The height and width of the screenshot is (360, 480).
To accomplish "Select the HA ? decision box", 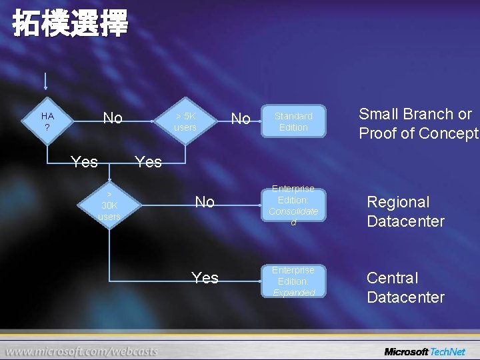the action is click(x=47, y=121).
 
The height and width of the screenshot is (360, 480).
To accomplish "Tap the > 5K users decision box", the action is click(x=185, y=121).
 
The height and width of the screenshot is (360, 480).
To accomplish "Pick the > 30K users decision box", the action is click(x=109, y=205).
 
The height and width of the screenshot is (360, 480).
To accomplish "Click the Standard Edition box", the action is click(x=293, y=121).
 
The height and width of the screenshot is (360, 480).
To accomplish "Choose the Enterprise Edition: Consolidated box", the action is click(x=293, y=205).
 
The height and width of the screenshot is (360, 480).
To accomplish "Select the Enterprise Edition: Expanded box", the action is click(x=293, y=281).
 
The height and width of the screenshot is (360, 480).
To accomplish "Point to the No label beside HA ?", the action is click(x=113, y=119).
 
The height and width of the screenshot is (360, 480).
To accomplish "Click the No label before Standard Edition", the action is click(x=240, y=119).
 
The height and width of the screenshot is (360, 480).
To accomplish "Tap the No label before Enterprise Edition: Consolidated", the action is click(x=205, y=202).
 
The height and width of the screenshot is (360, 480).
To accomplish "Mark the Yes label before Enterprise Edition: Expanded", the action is click(x=205, y=278).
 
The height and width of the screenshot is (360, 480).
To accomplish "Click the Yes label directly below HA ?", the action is click(x=84, y=162).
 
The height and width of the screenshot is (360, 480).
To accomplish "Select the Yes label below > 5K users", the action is click(x=148, y=162).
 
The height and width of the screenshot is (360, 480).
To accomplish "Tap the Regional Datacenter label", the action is click(x=405, y=211).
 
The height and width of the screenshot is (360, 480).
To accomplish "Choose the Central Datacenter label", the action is click(x=405, y=287).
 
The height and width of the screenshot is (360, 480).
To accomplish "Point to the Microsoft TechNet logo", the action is click(x=424, y=351).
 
